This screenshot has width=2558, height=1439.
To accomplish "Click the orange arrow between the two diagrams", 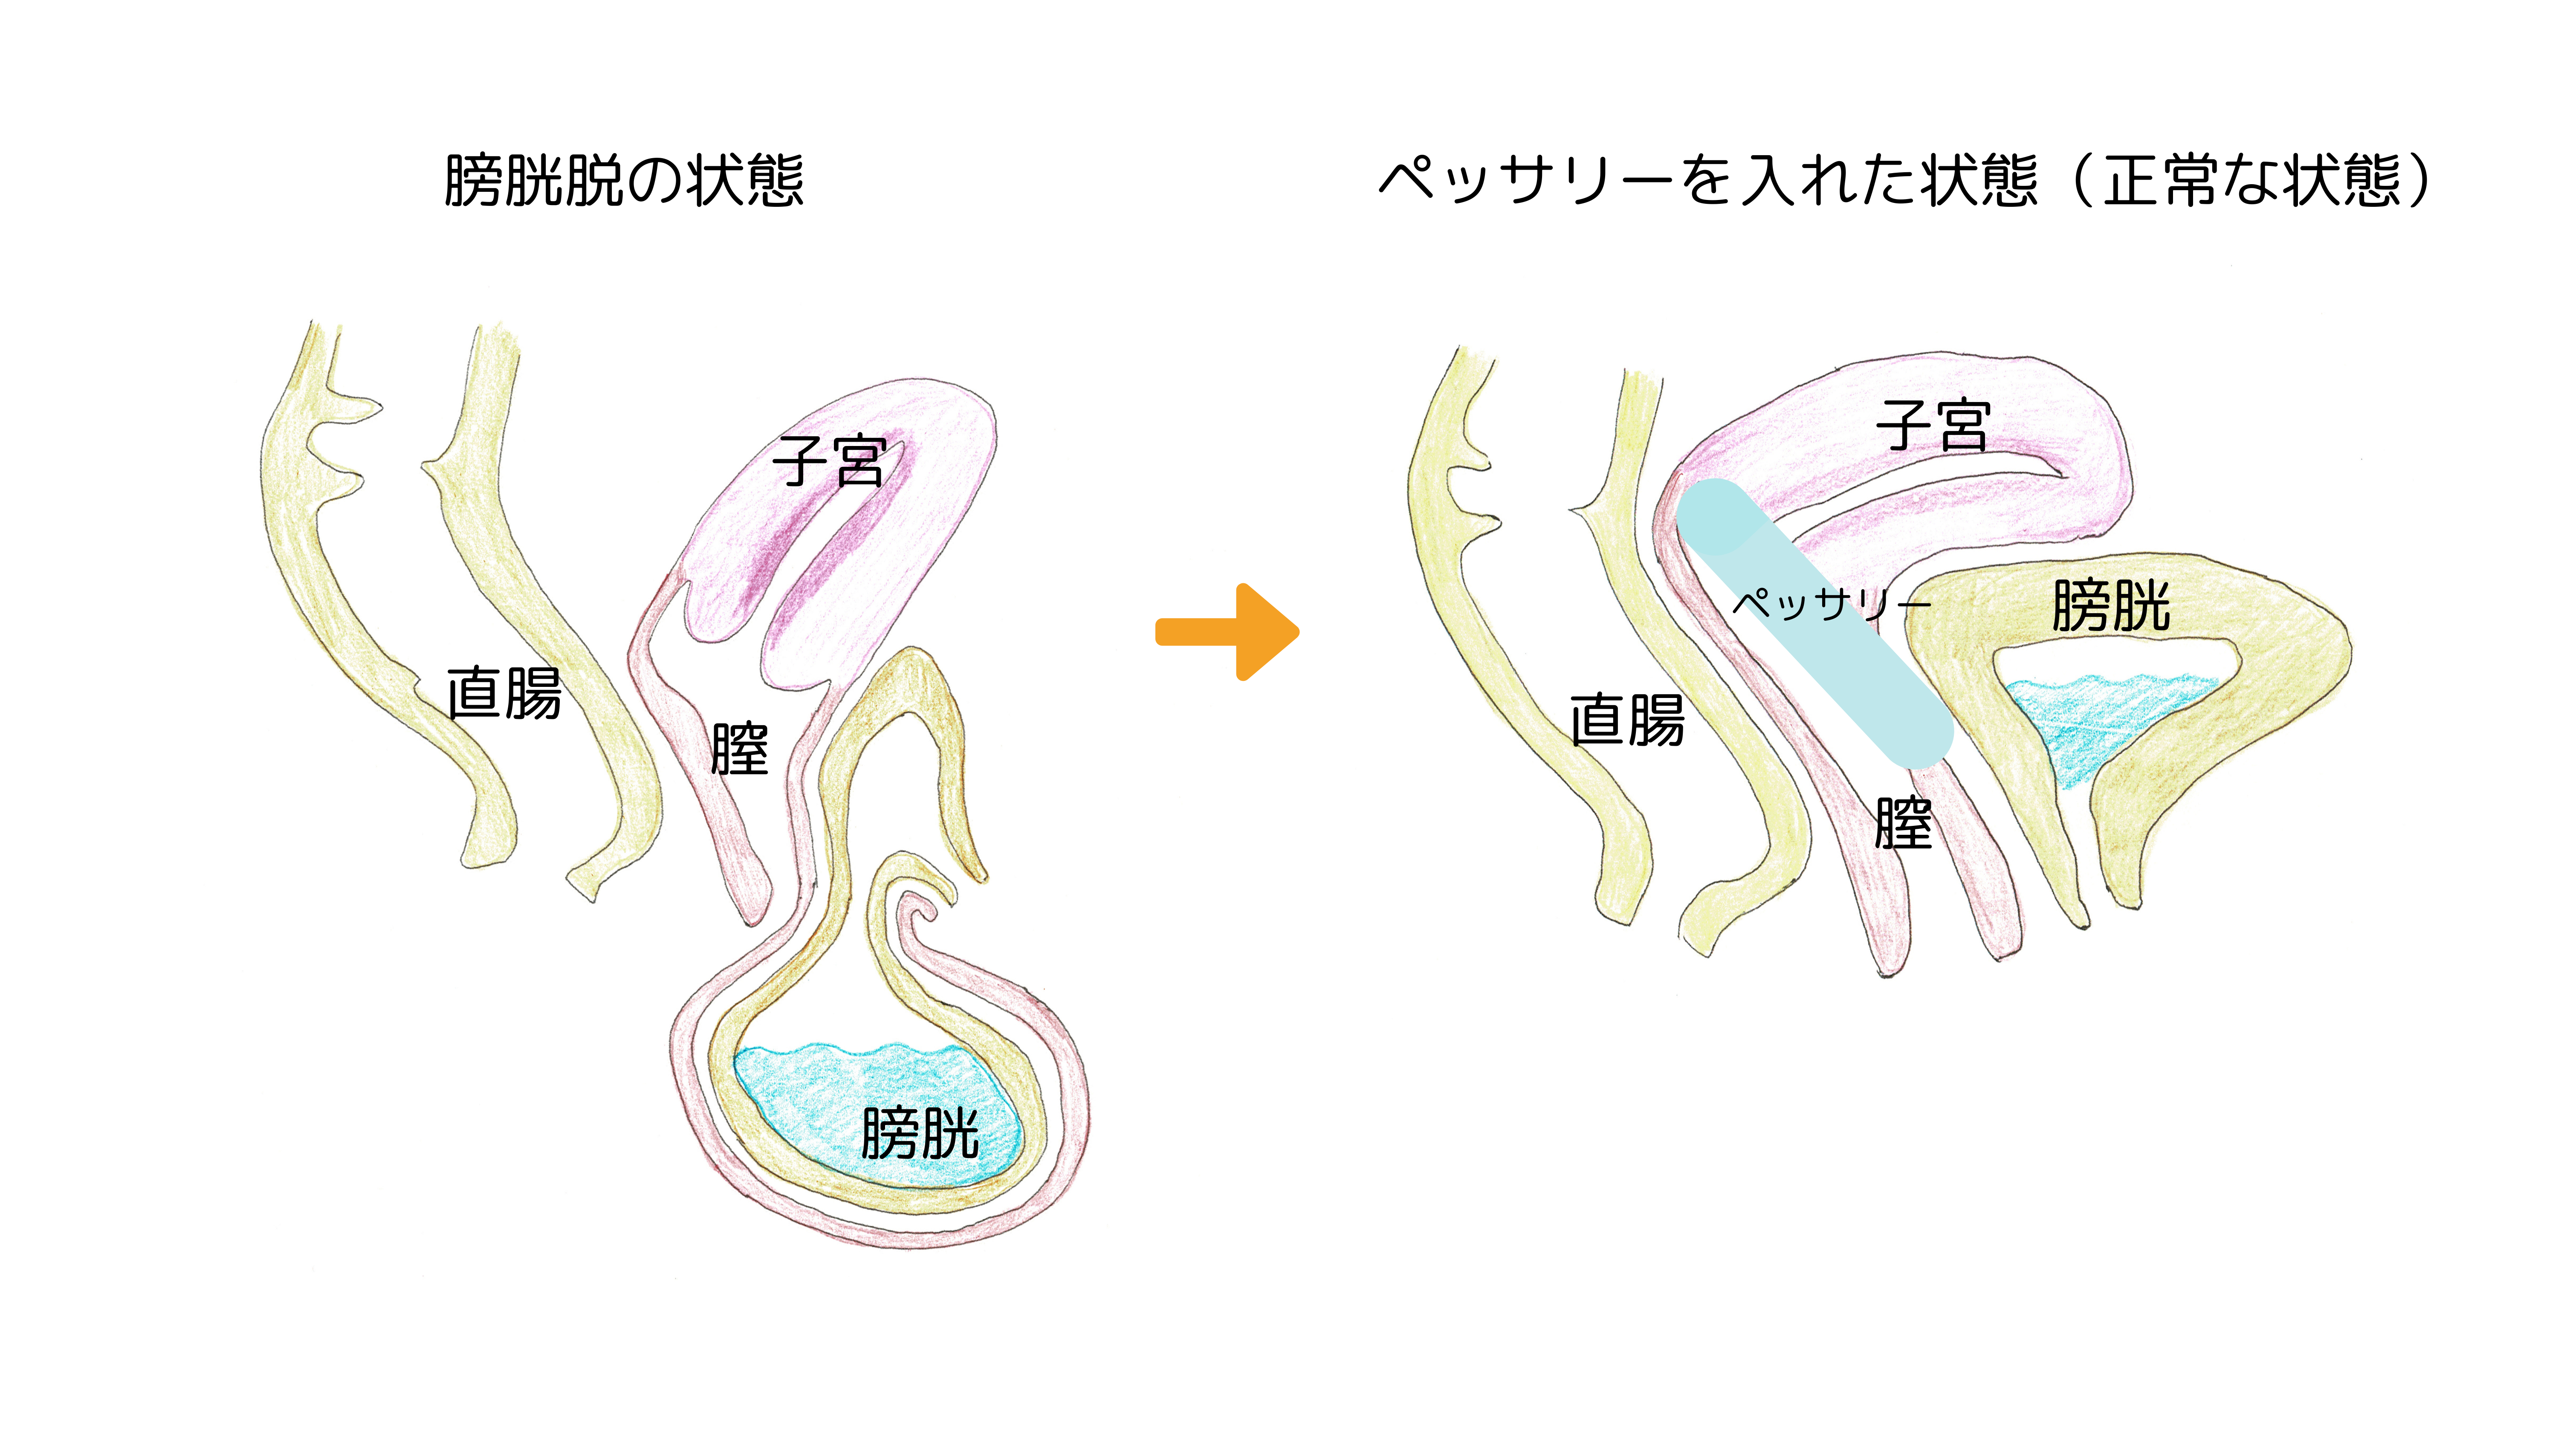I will tap(1227, 631).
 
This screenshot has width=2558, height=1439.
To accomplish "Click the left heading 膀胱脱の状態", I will tap(624, 181).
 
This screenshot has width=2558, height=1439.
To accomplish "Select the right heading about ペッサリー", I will tap(1904, 181).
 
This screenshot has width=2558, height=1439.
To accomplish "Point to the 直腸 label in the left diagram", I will tap(503, 693).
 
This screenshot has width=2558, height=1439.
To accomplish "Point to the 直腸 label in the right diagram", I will tap(1626, 720).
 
